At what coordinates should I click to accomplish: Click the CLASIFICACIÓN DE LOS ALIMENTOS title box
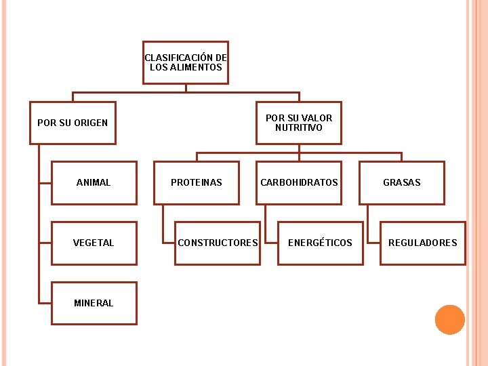tap(185, 62)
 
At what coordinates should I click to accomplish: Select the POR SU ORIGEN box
tap(73, 123)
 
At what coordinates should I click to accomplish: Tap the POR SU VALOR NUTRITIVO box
tap(298, 123)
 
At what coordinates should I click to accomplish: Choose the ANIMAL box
tap(94, 182)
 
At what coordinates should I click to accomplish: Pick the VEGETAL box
tap(94, 243)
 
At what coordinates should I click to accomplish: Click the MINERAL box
tap(94, 303)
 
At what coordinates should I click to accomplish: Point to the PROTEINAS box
tap(197, 182)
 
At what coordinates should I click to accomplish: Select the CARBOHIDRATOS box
tap(299, 182)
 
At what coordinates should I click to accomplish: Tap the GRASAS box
tap(402, 182)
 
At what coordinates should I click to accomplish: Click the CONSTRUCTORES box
tap(218, 243)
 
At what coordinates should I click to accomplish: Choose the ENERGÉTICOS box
tap(320, 243)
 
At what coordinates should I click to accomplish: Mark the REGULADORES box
tap(423, 243)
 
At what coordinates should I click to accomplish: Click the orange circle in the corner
tap(449, 320)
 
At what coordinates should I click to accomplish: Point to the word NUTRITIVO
tap(299, 127)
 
